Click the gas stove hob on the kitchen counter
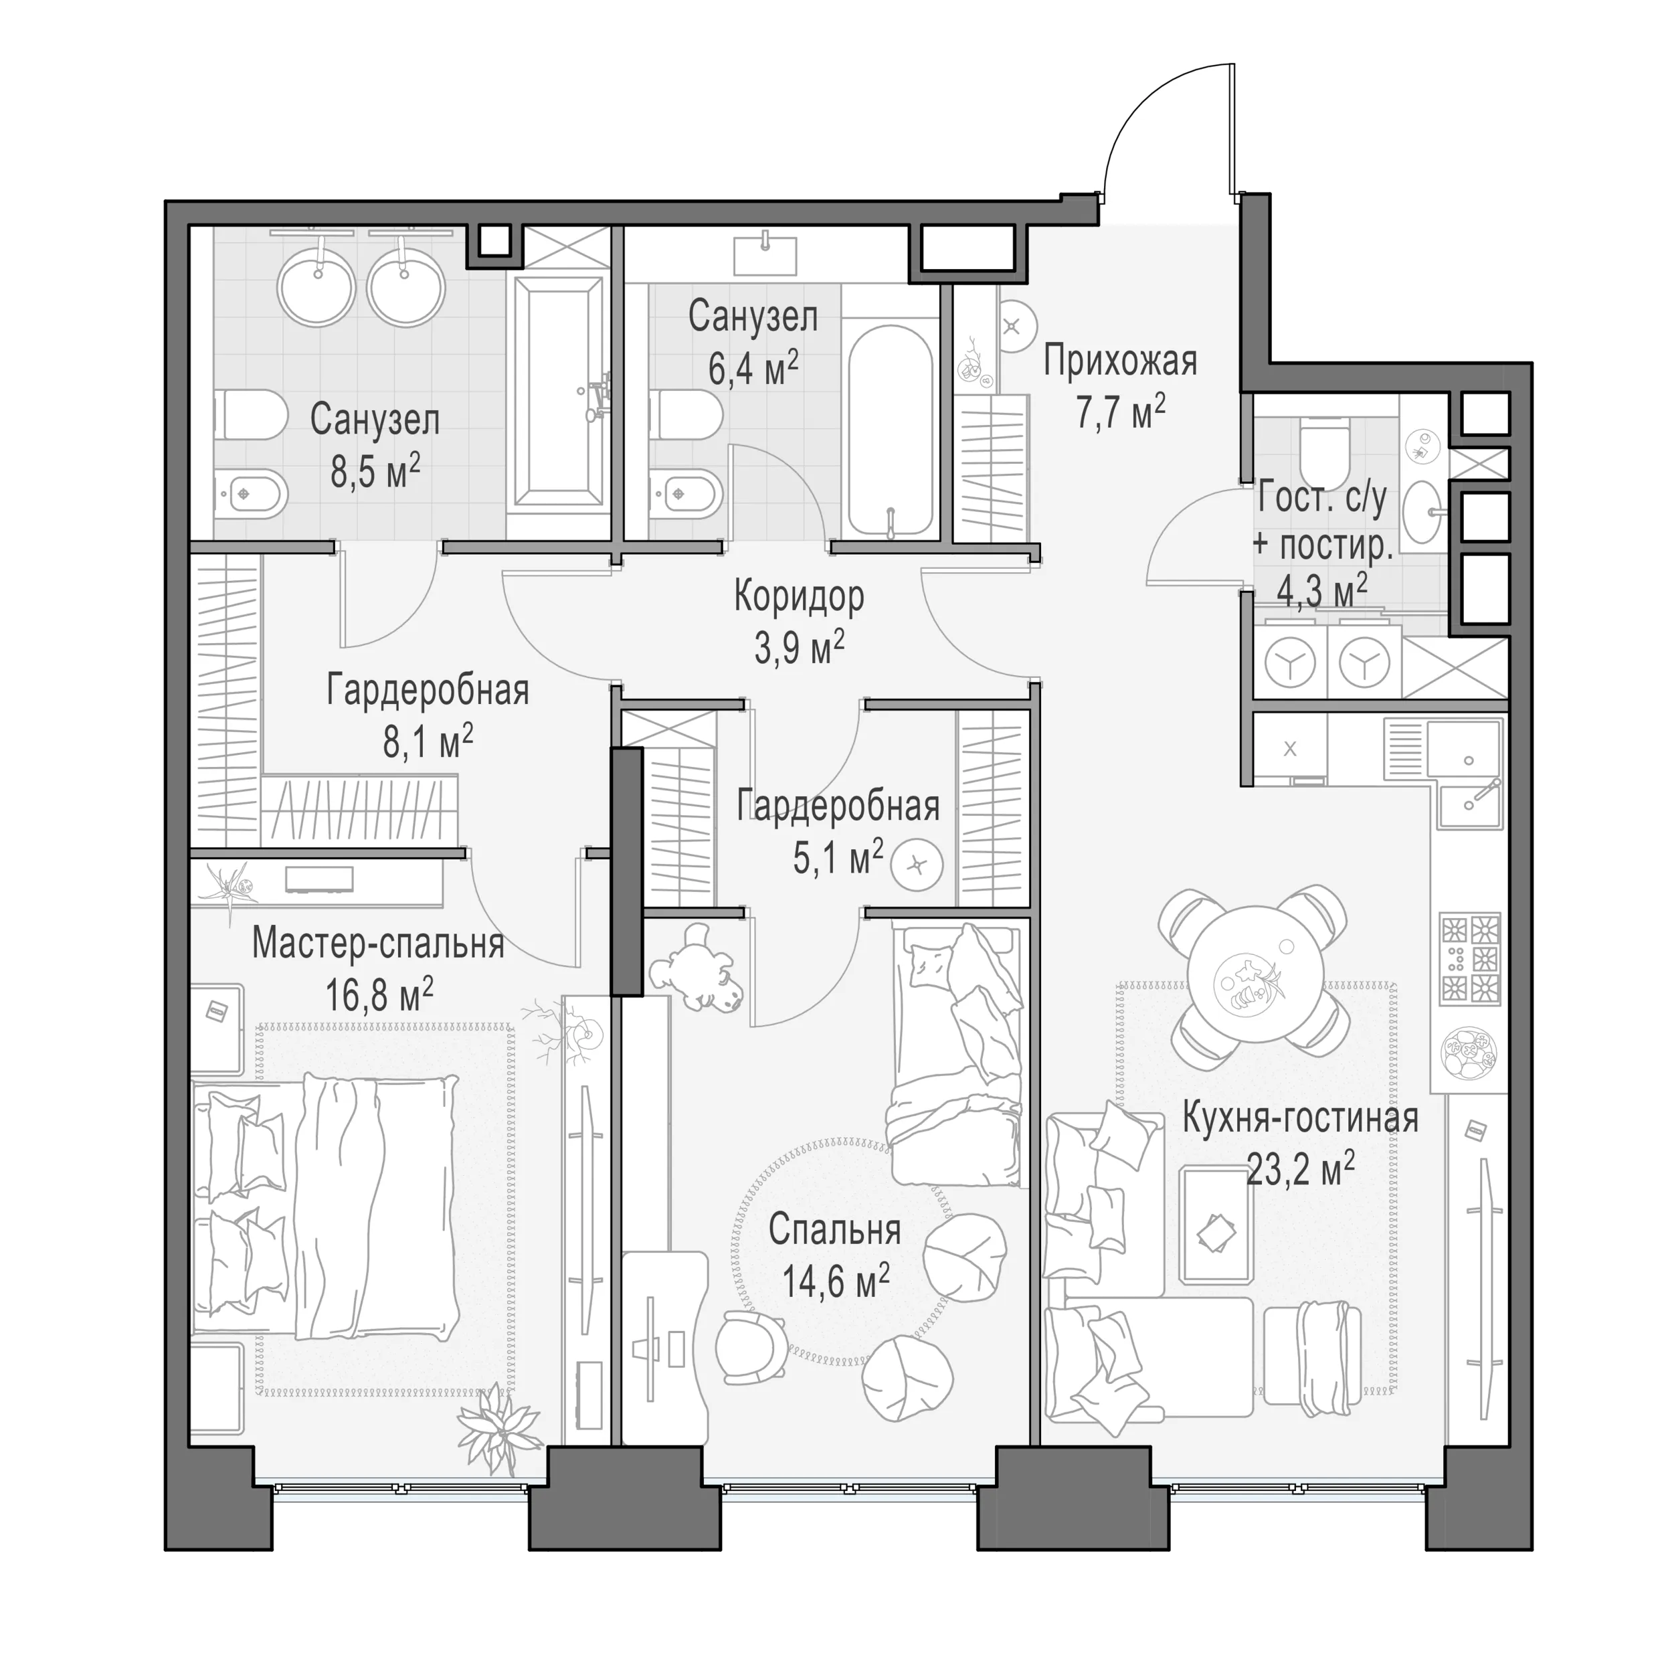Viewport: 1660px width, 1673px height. (x=1469, y=958)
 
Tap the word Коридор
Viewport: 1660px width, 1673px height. (x=798, y=597)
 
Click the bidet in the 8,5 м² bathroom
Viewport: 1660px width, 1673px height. (x=251, y=495)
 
